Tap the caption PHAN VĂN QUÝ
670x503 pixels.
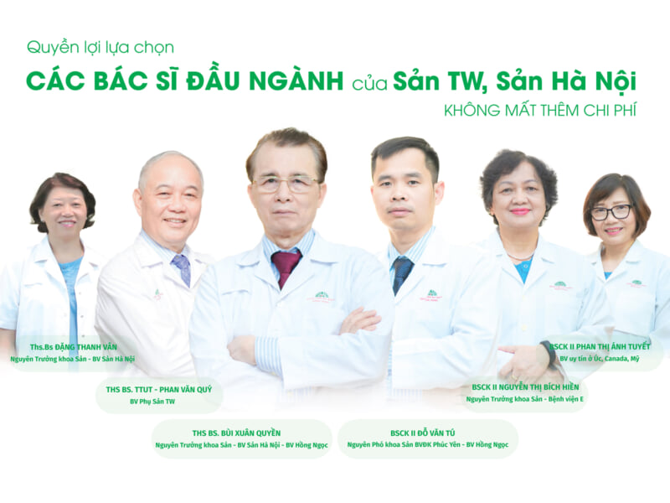185,390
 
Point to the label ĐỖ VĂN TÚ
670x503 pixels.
435,433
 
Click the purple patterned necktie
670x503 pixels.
182,268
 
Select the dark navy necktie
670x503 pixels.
402,273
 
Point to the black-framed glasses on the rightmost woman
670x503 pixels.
611,212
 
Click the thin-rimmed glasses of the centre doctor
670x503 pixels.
285,184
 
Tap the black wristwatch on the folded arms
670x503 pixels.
547,353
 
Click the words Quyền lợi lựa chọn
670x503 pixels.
100,48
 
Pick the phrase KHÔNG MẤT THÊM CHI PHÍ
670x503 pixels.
540,111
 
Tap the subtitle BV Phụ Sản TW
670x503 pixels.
152,402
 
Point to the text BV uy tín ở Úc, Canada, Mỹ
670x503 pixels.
600,359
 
